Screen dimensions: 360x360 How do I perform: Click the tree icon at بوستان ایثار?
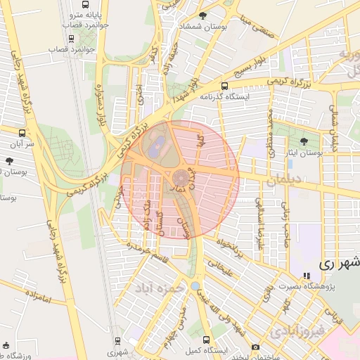(x=303, y=141)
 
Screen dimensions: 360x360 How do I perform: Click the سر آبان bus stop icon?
(x=22, y=132)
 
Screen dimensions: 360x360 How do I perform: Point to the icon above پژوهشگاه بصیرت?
(x=305, y=276)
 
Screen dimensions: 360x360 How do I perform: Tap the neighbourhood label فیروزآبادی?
(x=298, y=329)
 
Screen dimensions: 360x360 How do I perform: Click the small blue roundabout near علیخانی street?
(x=193, y=286)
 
